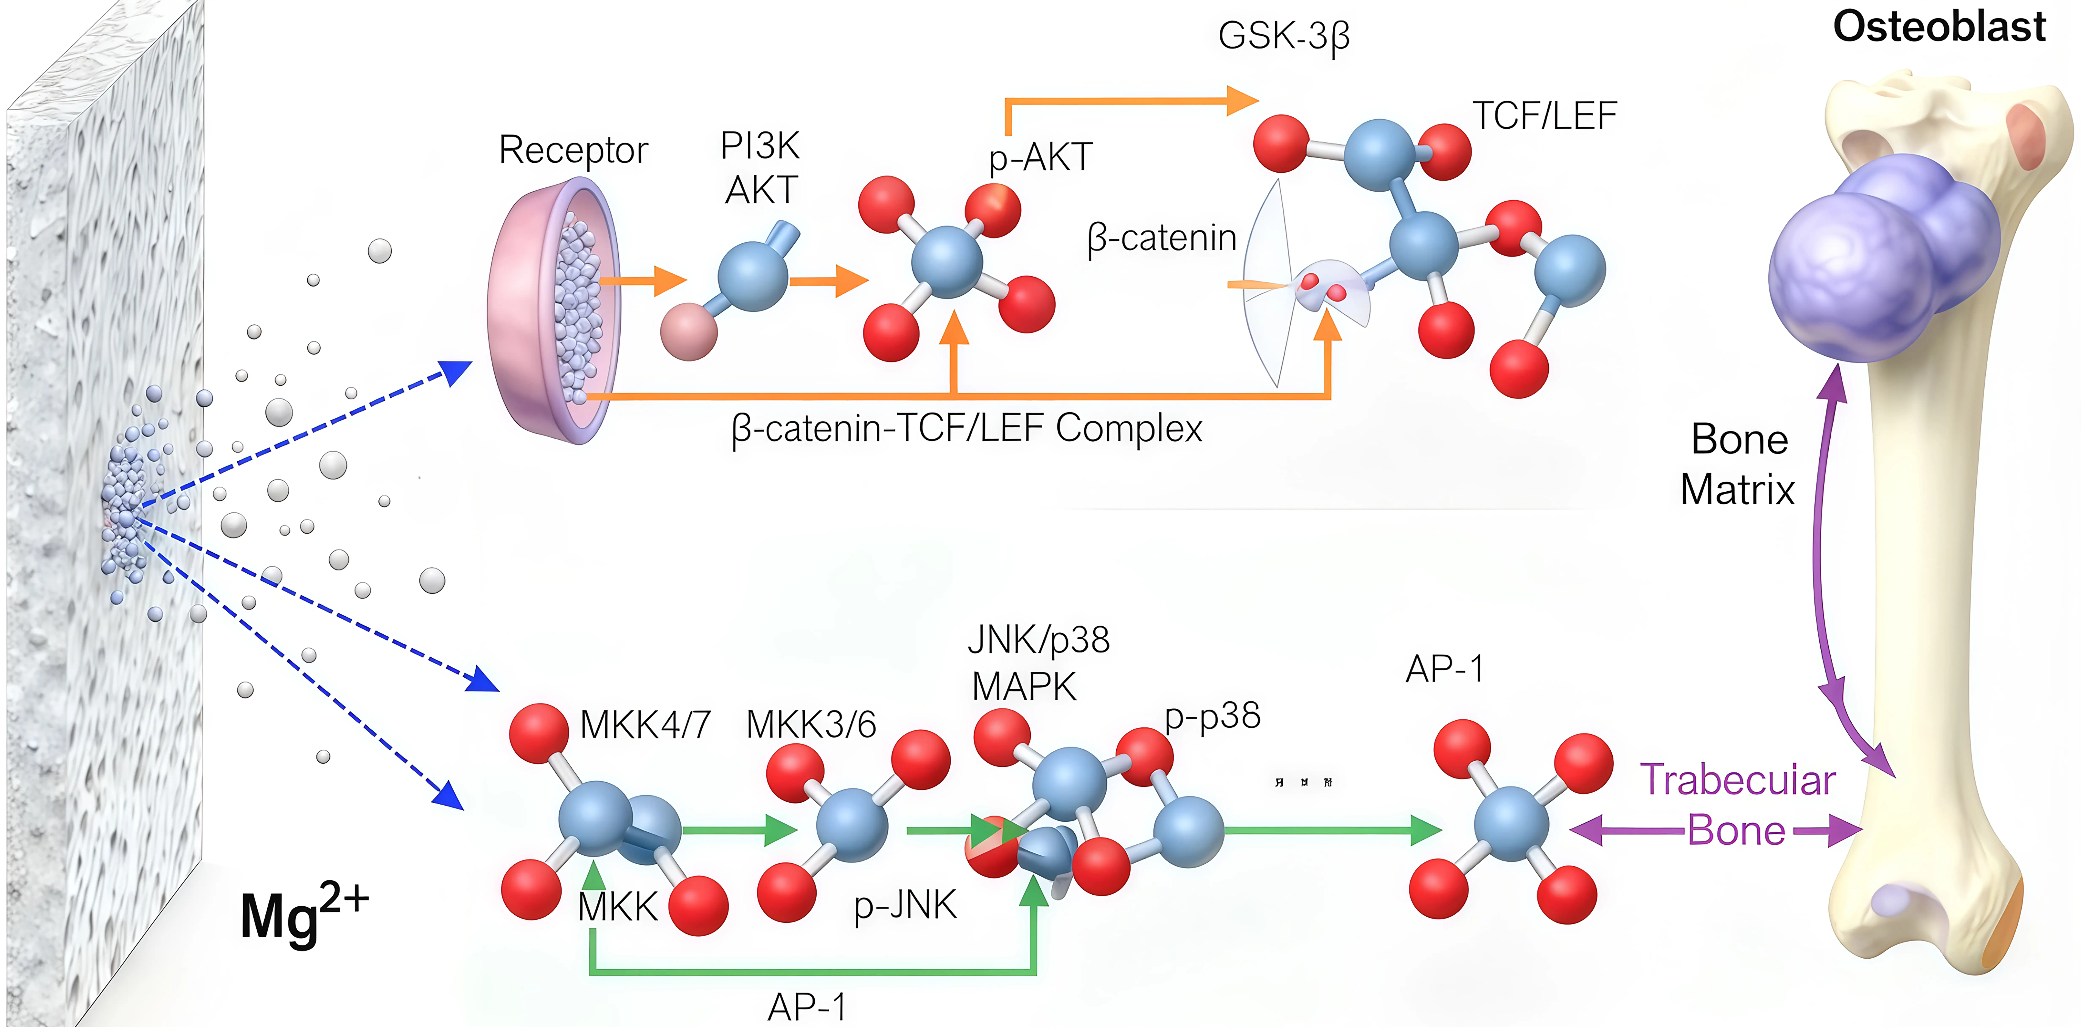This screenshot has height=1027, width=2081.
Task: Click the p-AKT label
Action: click(x=1041, y=158)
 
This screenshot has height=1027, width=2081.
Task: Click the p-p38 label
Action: click(x=1212, y=716)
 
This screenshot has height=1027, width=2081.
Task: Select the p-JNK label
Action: click(x=905, y=905)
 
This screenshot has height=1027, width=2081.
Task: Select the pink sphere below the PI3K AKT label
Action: click(x=688, y=331)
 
